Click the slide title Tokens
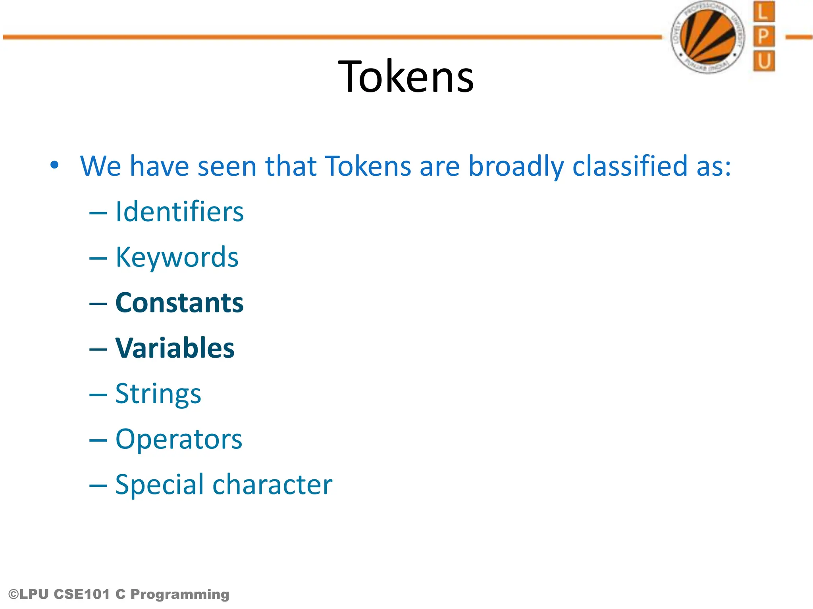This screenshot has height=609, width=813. (406, 77)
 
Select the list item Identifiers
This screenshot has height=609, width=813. (179, 212)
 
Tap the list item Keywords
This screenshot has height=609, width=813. (177, 257)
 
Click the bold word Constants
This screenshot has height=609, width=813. (179, 303)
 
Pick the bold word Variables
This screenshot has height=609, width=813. (175, 348)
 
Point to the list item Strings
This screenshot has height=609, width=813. (158, 394)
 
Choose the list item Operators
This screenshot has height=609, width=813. (179, 439)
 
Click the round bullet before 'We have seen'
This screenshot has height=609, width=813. (54, 165)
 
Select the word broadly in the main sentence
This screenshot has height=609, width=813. (516, 166)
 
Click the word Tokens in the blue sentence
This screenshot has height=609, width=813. (368, 165)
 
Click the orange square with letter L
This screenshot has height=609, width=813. (763, 12)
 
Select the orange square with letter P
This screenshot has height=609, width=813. (763, 37)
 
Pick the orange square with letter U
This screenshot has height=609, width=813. (763, 61)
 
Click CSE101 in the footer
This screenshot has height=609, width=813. (81, 594)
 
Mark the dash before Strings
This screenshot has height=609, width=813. (98, 395)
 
